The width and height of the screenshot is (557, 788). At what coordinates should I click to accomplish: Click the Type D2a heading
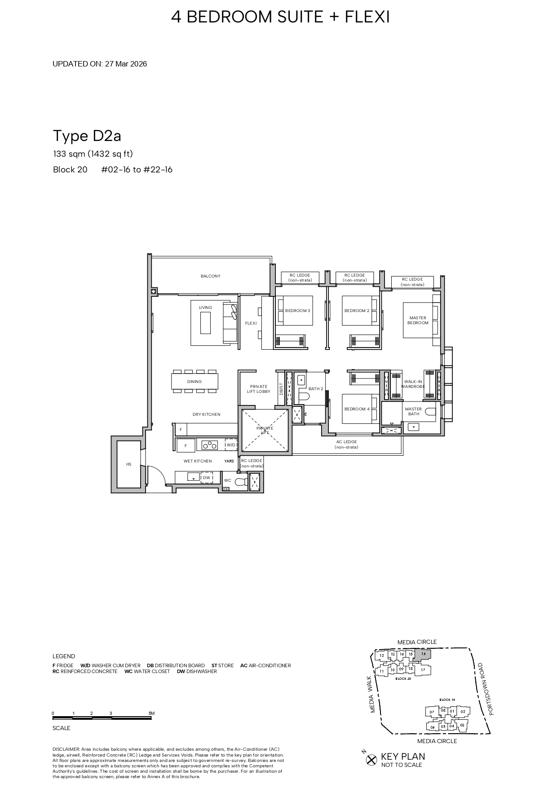pos(87,136)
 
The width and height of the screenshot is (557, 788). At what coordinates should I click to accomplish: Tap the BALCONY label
pos(210,276)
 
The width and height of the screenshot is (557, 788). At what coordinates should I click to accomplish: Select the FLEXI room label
pos(251,323)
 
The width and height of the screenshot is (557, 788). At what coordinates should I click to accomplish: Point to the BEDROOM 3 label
pos(297,311)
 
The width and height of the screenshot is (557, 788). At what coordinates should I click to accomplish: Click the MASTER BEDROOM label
pos(418,320)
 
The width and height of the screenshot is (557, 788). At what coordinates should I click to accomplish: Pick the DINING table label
pos(195,382)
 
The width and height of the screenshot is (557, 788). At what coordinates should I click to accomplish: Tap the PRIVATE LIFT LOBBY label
pos(258,389)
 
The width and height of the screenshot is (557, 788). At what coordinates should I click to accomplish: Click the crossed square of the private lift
pos(264,431)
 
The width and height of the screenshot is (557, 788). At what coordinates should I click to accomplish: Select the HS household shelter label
pos(128,464)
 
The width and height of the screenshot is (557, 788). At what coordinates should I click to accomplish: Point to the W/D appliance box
pos(231,445)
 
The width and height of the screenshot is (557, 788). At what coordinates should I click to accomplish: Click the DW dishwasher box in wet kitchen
pos(207,478)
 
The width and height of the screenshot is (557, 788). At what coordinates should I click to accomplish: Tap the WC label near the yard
pos(228,480)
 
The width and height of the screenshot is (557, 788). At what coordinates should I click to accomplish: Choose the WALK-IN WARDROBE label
pos(413,384)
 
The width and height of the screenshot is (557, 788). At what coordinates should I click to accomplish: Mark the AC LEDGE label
pos(346,444)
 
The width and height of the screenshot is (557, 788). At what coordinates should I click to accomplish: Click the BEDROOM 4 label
pos(357,409)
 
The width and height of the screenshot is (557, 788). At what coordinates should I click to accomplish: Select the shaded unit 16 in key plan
pos(423,655)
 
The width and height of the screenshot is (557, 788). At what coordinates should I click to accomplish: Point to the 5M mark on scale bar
pos(151,713)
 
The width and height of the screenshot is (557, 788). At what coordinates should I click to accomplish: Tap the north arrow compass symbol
pos(371,760)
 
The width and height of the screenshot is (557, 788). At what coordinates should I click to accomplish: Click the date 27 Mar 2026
pos(126,64)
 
